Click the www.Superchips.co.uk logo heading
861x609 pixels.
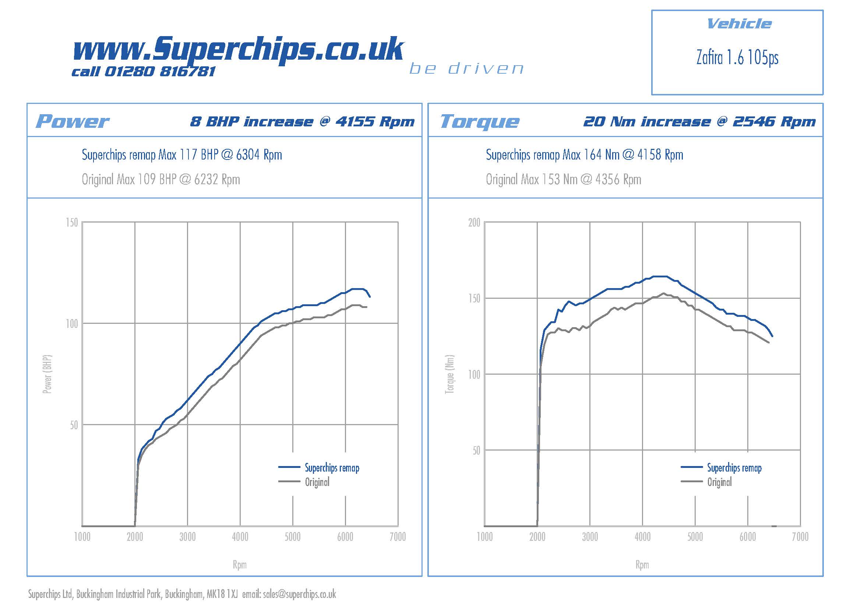click(238, 49)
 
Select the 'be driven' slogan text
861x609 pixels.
click(466, 69)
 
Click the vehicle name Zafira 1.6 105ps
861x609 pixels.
click(737, 58)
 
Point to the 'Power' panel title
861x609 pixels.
click(72, 121)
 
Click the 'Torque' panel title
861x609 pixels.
click(480, 121)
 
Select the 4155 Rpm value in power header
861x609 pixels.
click(375, 122)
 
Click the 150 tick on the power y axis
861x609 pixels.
click(72, 223)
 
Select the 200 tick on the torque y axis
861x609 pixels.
click(474, 223)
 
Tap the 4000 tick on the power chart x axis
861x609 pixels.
click(240, 537)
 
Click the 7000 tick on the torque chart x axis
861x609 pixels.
click(800, 537)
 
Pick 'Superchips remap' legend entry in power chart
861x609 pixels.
click(332, 468)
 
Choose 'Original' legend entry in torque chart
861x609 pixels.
click(719, 482)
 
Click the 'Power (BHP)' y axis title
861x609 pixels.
click(47, 374)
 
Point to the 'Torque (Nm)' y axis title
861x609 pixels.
click(449, 374)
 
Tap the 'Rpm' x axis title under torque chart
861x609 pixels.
click(642, 565)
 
